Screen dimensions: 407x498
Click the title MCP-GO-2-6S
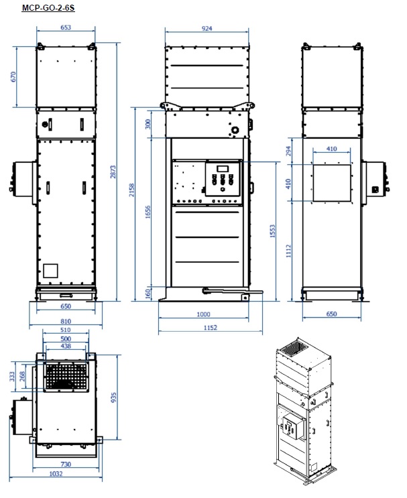click(48, 7)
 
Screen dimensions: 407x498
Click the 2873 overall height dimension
click(113, 172)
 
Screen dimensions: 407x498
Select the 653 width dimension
click(66, 27)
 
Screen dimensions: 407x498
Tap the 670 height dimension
click(13, 77)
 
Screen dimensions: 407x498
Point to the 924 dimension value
click(207, 29)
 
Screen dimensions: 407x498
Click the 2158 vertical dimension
click(132, 190)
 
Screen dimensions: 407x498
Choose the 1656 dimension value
click(148, 212)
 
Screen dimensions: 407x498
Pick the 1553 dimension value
click(272, 231)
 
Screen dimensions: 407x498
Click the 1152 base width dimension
click(211, 328)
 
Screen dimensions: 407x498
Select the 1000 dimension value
click(203, 314)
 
